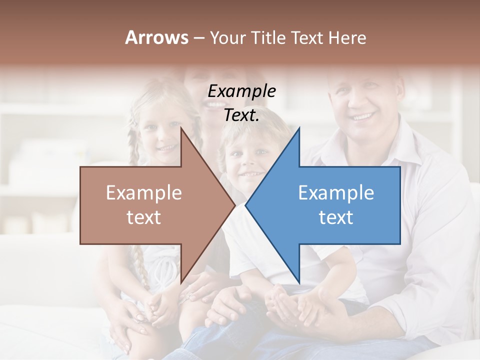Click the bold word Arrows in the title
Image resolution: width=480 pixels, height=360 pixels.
click(x=156, y=37)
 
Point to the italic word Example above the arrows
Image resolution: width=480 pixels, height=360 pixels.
click(x=241, y=91)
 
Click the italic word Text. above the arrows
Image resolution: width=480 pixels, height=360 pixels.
click(x=241, y=115)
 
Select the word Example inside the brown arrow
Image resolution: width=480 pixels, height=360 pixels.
click(x=143, y=193)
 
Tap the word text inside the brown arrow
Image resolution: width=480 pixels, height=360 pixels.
click(x=143, y=217)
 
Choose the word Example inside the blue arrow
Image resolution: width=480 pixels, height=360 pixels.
click(x=336, y=193)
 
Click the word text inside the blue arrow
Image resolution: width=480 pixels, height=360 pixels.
click(x=336, y=217)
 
